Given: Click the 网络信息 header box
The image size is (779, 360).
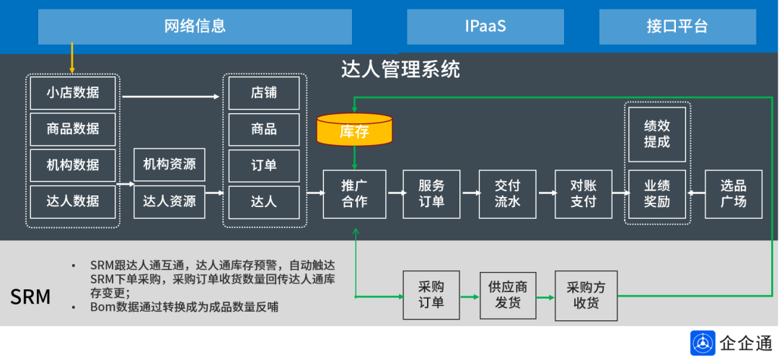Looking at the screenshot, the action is pyautogui.click(x=195, y=27).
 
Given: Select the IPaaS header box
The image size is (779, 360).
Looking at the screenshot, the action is pyautogui.click(x=485, y=27).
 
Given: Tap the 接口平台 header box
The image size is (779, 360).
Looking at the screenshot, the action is pyautogui.click(x=677, y=27).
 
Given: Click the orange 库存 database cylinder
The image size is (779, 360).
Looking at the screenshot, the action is pyautogui.click(x=354, y=130).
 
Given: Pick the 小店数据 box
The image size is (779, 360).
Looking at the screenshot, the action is pyautogui.click(x=73, y=93).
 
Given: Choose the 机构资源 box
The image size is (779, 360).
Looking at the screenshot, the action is pyautogui.click(x=170, y=164).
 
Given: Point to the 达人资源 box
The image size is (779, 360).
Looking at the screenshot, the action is pyautogui.click(x=170, y=201).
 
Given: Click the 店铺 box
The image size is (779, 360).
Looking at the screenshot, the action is pyautogui.click(x=264, y=93).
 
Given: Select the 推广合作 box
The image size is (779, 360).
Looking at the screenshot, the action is pyautogui.click(x=354, y=194).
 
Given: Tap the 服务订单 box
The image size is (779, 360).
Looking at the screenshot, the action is pyautogui.click(x=431, y=194).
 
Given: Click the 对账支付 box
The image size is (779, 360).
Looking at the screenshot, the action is pyautogui.click(x=584, y=194).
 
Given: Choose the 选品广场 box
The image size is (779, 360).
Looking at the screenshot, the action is pyautogui.click(x=734, y=194).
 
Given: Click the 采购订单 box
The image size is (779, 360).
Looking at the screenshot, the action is pyautogui.click(x=431, y=295).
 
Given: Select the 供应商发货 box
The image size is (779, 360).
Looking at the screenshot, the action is pyautogui.click(x=508, y=295).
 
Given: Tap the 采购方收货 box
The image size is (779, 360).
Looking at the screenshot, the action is pyautogui.click(x=586, y=295).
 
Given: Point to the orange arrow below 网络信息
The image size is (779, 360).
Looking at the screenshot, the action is pyautogui.click(x=72, y=58).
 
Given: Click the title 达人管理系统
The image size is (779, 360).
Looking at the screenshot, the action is pyautogui.click(x=400, y=70).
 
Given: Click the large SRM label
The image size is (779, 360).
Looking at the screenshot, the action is pyautogui.click(x=30, y=297).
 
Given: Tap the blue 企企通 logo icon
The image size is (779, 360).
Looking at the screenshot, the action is pyautogui.click(x=703, y=343).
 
